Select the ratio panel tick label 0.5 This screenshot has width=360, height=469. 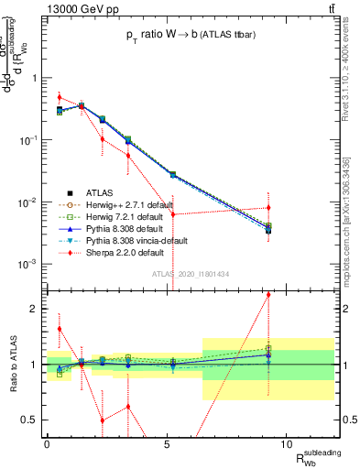29,420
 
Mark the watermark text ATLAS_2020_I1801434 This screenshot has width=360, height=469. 191,274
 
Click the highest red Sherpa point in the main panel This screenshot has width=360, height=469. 60,97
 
